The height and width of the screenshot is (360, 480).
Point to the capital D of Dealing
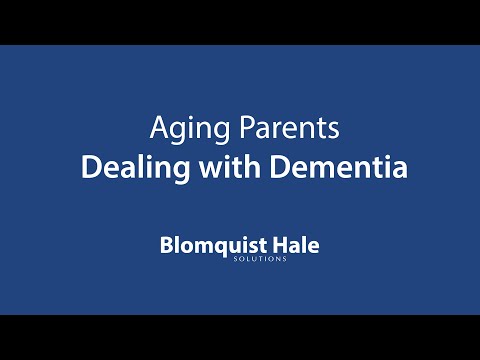(x=88, y=166)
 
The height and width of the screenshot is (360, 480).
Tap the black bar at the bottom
(x=240, y=337)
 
